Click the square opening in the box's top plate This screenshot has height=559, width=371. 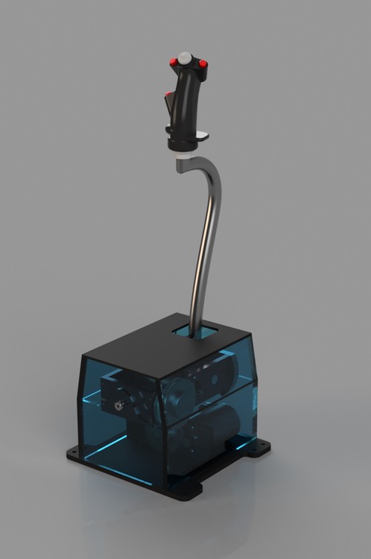pyautogui.click(x=193, y=328)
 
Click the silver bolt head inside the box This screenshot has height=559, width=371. pyautogui.click(x=118, y=406)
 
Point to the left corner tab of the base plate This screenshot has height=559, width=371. pyautogui.click(x=72, y=451)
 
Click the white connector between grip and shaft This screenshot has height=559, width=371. pyautogui.click(x=183, y=156)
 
